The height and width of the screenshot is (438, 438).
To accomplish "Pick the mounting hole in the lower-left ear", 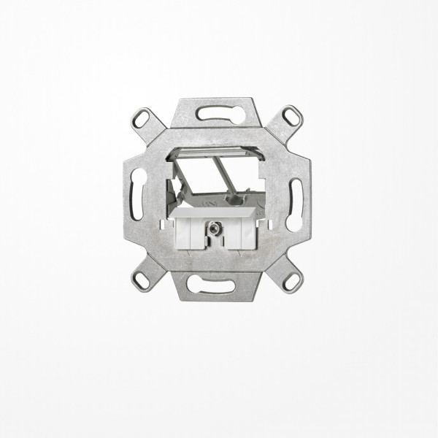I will [x=142, y=277].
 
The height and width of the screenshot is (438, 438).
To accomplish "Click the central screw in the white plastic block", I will [x=216, y=228].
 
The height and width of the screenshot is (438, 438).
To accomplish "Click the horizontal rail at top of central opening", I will [x=217, y=152].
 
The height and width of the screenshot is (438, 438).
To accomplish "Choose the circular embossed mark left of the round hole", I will [x=219, y=197].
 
